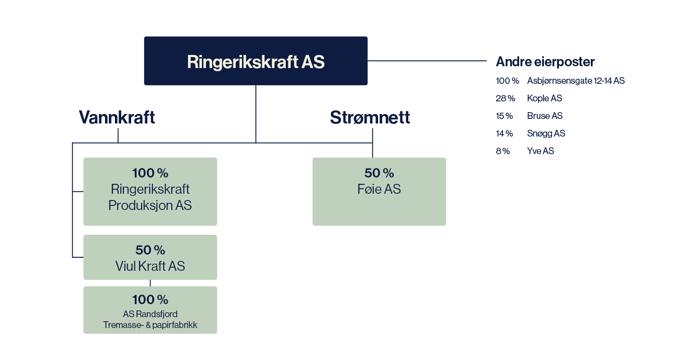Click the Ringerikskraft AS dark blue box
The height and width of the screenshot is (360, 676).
[256, 61]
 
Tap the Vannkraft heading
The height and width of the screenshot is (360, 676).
[117, 117]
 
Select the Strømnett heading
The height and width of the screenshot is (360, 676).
[370, 117]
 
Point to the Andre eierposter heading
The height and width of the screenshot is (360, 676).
[545, 62]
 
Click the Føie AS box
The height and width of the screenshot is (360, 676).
[379, 191]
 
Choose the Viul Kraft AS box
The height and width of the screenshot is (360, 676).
[150, 257]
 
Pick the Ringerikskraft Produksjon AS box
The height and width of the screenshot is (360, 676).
[150, 191]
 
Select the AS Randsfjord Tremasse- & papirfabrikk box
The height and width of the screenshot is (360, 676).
[150, 310]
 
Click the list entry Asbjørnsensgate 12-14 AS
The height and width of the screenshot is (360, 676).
[576, 81]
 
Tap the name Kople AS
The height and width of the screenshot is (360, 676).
[544, 98]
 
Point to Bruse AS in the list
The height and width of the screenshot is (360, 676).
[545, 116]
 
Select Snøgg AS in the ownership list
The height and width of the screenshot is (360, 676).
[546, 133]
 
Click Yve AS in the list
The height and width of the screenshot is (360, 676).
[540, 151]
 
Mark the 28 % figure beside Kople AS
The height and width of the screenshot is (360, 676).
[506, 98]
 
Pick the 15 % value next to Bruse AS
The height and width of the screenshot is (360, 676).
[504, 116]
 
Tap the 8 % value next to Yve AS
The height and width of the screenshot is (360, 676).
[503, 151]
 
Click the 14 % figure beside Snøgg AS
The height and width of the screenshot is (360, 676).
[504, 133]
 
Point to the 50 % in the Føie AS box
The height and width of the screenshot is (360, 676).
[379, 173]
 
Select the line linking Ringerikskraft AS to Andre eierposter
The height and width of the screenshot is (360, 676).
[427, 61]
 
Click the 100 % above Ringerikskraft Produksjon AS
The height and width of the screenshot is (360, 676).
[150, 173]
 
